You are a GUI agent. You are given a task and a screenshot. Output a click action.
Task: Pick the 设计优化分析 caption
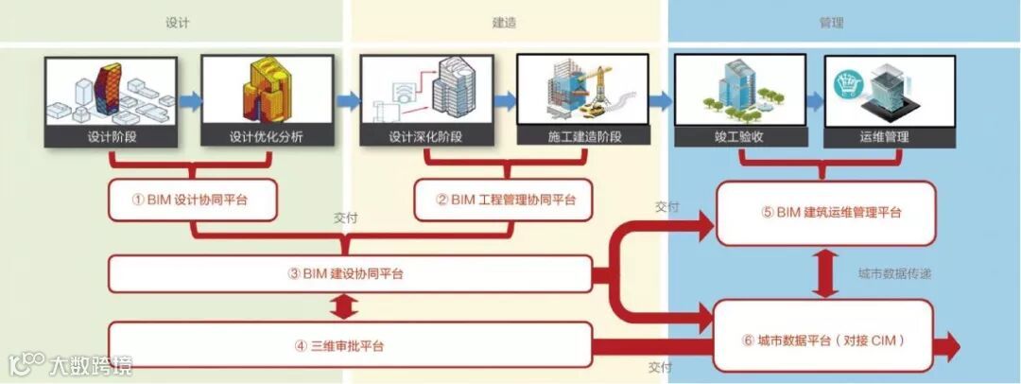coord(268,137)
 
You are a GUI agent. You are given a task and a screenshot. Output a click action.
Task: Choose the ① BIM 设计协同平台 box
coord(192,200)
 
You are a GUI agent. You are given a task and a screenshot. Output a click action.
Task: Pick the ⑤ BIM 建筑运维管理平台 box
coord(825,213)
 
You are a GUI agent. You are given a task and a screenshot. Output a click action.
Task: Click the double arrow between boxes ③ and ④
coord(345,309)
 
